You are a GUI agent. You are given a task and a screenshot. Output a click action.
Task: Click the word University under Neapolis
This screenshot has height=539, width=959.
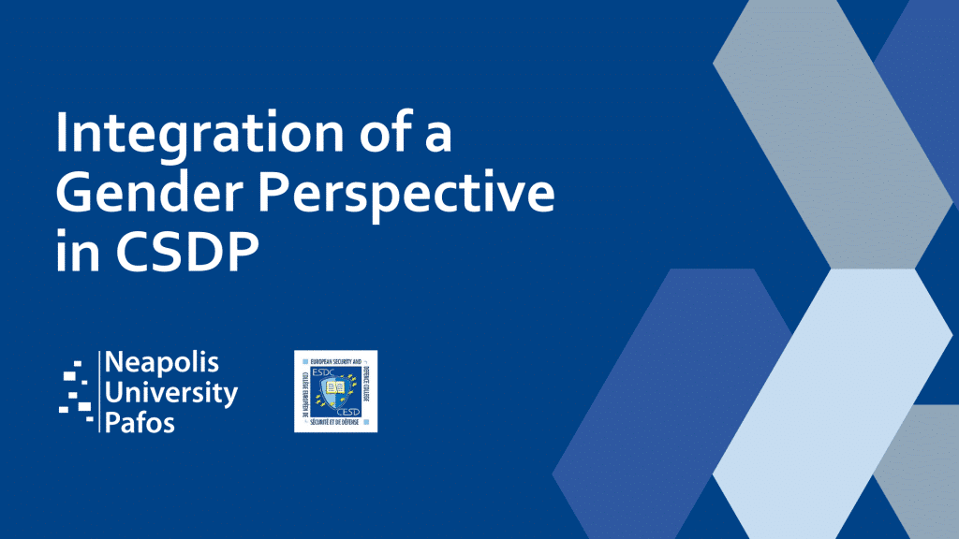pos(173,393)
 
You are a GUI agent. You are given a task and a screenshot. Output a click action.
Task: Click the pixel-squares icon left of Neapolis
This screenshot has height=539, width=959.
pos(74,390)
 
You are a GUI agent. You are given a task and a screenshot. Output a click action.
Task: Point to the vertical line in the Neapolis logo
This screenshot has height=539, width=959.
pos(98,391)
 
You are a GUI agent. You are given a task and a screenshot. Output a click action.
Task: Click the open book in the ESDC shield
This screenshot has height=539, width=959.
pos(335,386)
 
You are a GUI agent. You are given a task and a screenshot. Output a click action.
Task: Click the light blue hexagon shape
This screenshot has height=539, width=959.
pos(834,393)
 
